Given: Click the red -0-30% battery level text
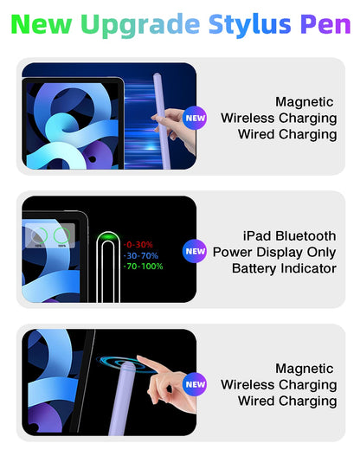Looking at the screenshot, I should pos(138,244).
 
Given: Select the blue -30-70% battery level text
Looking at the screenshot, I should pos(140,255).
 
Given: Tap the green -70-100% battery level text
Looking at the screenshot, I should pos(143,267).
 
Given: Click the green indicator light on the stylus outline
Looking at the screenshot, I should pos(109,236).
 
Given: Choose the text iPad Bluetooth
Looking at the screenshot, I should pos(289,235).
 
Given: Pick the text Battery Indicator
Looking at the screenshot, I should pos(284,268).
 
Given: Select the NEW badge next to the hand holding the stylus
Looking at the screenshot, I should pos(196,118).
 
